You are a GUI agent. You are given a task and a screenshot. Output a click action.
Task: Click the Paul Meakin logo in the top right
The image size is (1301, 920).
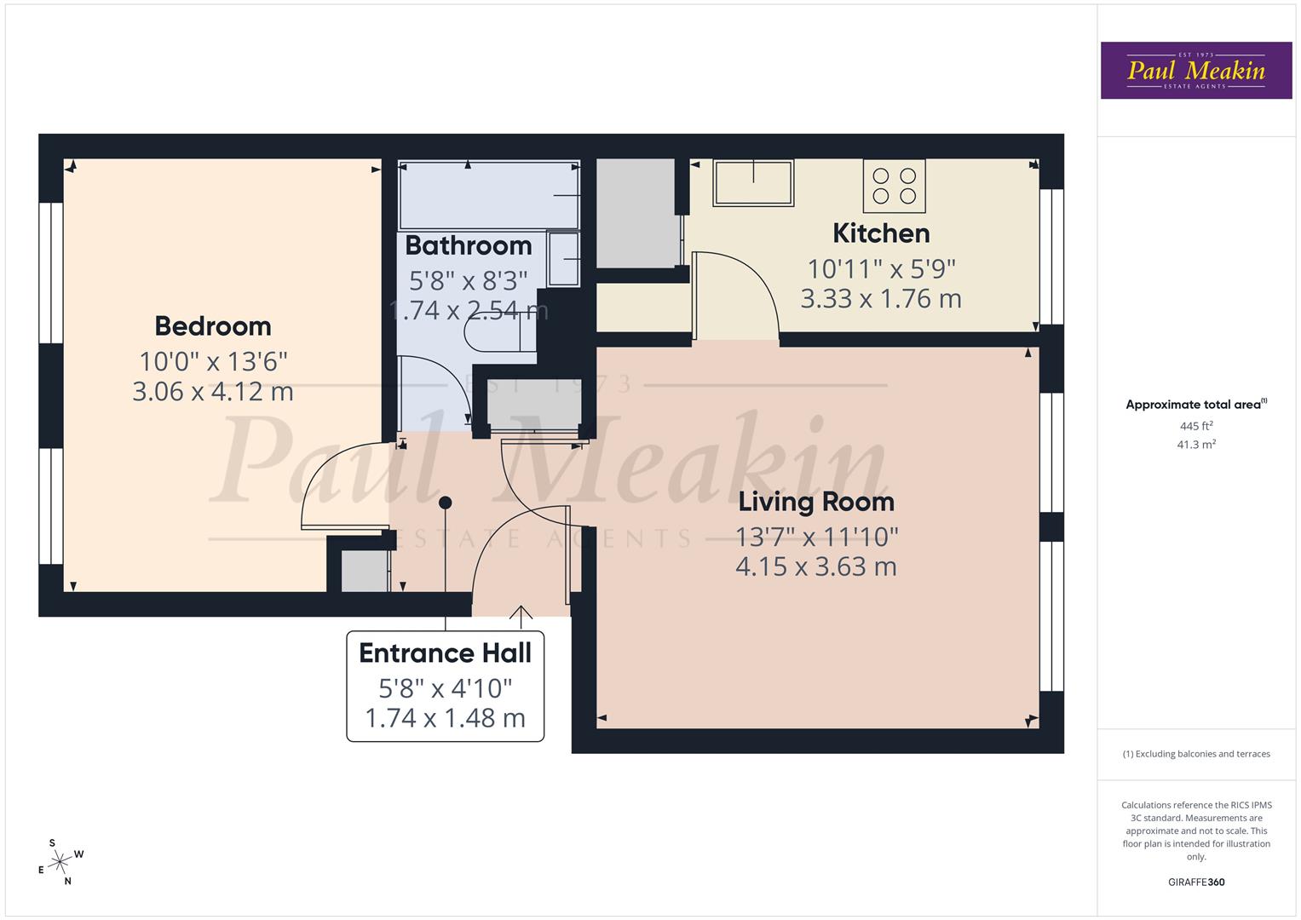coord(1195,71)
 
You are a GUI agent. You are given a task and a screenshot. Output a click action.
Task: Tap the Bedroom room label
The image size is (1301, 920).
coord(213,325)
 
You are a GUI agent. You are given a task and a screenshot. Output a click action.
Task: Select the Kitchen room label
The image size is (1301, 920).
coord(881,233)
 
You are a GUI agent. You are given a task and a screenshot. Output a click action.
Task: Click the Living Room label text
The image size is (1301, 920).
coord(816,502)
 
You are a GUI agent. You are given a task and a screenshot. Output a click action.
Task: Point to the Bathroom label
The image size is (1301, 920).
coord(468,245)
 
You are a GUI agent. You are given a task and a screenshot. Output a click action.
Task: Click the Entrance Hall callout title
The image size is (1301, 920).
coord(445,653)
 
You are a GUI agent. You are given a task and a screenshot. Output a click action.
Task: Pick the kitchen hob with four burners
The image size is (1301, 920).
coord(894,186)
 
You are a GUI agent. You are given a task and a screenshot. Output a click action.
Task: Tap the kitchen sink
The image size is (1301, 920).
coord(753,182)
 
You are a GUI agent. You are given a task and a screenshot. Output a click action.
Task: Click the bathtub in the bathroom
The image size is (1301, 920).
coord(488,196)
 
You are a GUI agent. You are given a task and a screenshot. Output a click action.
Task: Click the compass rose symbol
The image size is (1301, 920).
coord(60,862)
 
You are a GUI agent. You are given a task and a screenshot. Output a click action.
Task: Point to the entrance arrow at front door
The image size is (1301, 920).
coord(521,612)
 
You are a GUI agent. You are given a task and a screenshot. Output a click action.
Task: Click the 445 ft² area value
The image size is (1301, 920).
coord(1195,426)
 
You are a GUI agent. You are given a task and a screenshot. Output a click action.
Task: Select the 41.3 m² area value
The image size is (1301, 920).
coord(1195,444)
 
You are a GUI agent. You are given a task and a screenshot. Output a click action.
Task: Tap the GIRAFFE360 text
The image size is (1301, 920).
coord(1195,882)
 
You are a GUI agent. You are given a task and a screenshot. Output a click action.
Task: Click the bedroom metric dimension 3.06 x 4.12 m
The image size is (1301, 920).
coord(213,392)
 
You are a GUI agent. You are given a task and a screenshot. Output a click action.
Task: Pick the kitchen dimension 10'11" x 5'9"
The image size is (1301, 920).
coord(881,269)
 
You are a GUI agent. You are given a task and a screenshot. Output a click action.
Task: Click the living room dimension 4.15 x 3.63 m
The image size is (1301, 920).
coord(816,566)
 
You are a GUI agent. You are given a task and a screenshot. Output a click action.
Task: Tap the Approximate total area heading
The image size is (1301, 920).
coord(1195,405)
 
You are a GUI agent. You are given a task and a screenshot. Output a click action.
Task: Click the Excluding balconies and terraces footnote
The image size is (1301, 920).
coord(1195,754)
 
